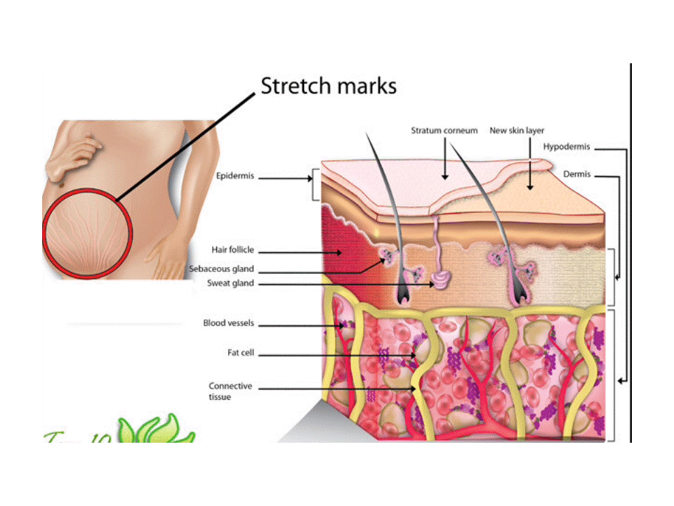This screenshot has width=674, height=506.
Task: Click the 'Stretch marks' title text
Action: [329, 86]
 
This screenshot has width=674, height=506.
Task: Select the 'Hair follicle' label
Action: [233, 250]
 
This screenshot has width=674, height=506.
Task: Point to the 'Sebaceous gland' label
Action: [222, 269]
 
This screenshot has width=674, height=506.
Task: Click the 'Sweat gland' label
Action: [231, 284]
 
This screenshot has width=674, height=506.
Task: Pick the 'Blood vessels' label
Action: [229, 324]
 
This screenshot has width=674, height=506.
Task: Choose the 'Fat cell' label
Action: [241, 353]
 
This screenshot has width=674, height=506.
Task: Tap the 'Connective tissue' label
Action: [230, 391]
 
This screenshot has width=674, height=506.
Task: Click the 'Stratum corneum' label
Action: [444, 131]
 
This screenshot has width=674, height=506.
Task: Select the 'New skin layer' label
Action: [517, 131]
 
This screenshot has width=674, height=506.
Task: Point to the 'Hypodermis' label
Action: [567, 148]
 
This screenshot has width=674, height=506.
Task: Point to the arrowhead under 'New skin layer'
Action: [530, 188]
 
